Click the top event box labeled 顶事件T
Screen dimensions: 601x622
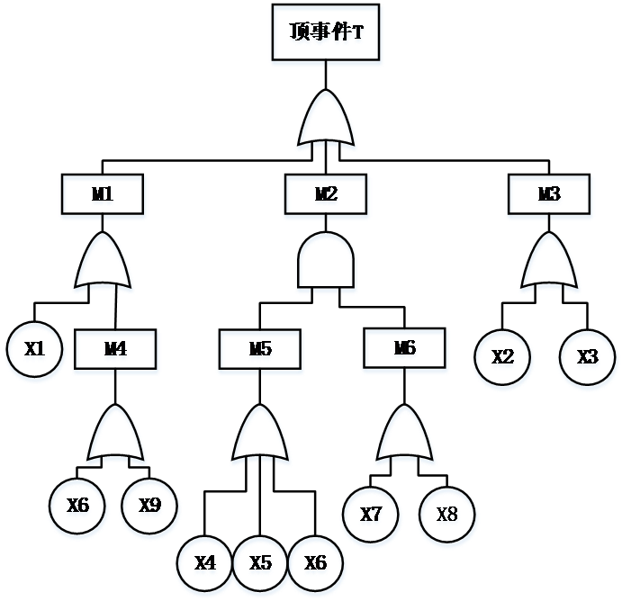click(x=327, y=35)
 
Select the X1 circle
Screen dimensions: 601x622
click(x=35, y=352)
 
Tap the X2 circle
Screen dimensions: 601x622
click(x=503, y=359)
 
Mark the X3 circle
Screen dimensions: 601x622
click(x=588, y=359)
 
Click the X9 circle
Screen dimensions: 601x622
click(x=149, y=507)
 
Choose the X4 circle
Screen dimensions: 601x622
click(x=205, y=565)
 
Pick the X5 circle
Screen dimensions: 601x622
click(x=261, y=565)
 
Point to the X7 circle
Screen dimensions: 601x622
click(x=371, y=516)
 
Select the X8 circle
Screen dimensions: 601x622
click(x=447, y=516)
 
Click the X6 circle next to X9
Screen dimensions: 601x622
click(x=78, y=507)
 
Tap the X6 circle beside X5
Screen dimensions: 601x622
click(x=316, y=565)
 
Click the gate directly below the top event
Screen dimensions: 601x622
click(x=327, y=122)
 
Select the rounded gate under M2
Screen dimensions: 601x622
click(x=327, y=265)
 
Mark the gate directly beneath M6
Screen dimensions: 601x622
click(x=405, y=436)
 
